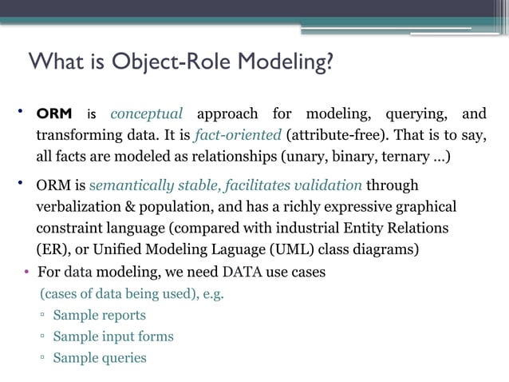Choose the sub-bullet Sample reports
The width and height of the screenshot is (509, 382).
pyautogui.click(x=99, y=315)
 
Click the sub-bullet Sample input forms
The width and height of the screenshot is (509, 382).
pyautogui.click(x=112, y=336)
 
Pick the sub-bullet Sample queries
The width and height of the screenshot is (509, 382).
pyautogui.click(x=99, y=358)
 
